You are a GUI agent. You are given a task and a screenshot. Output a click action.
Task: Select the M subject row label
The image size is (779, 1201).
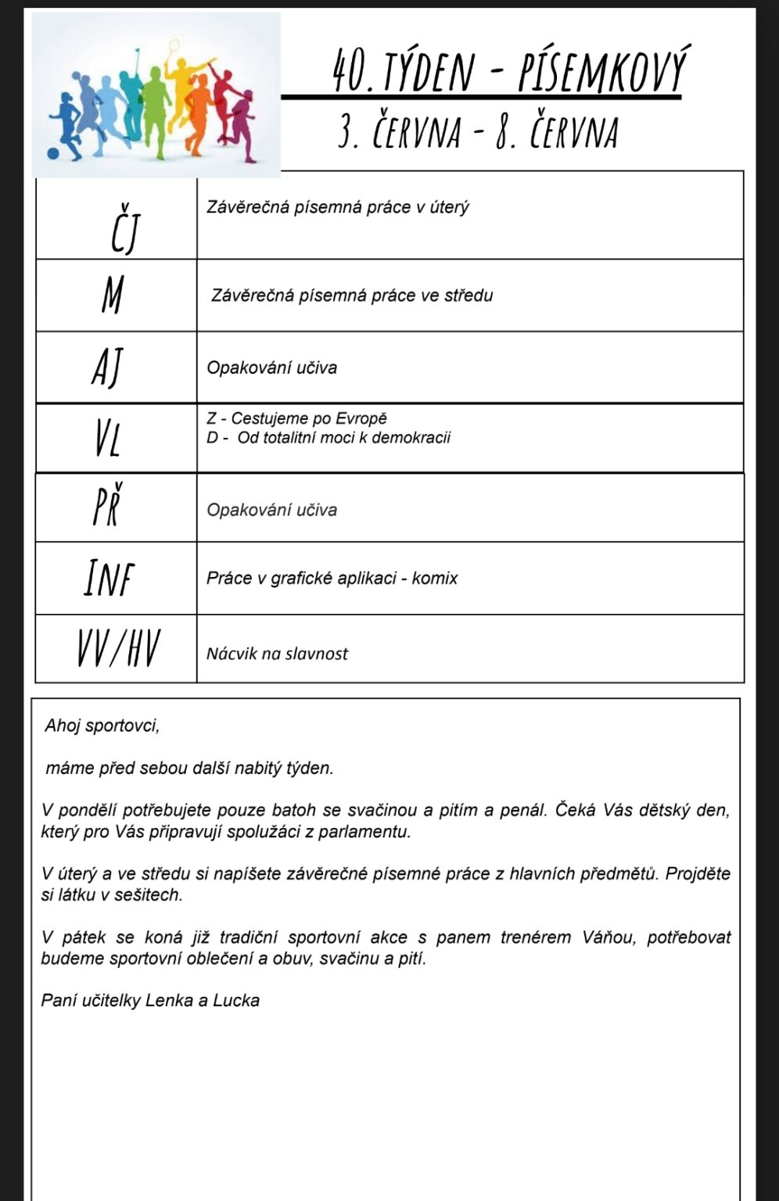[113, 296]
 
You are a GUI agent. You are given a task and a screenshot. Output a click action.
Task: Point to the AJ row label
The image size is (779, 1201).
[108, 367]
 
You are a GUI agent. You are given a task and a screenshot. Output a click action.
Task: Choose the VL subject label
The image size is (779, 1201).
[108, 438]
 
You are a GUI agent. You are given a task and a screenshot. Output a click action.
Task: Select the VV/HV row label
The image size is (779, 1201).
[118, 649]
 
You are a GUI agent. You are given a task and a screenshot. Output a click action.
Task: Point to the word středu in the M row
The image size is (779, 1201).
[468, 296]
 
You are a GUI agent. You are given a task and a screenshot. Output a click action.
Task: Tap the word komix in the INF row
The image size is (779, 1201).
[436, 579]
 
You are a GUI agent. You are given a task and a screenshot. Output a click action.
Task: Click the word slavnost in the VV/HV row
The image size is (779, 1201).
[316, 654]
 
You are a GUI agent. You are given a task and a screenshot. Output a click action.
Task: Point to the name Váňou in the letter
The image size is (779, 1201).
[610, 937]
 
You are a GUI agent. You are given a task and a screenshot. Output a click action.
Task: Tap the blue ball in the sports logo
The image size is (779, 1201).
[53, 153]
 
